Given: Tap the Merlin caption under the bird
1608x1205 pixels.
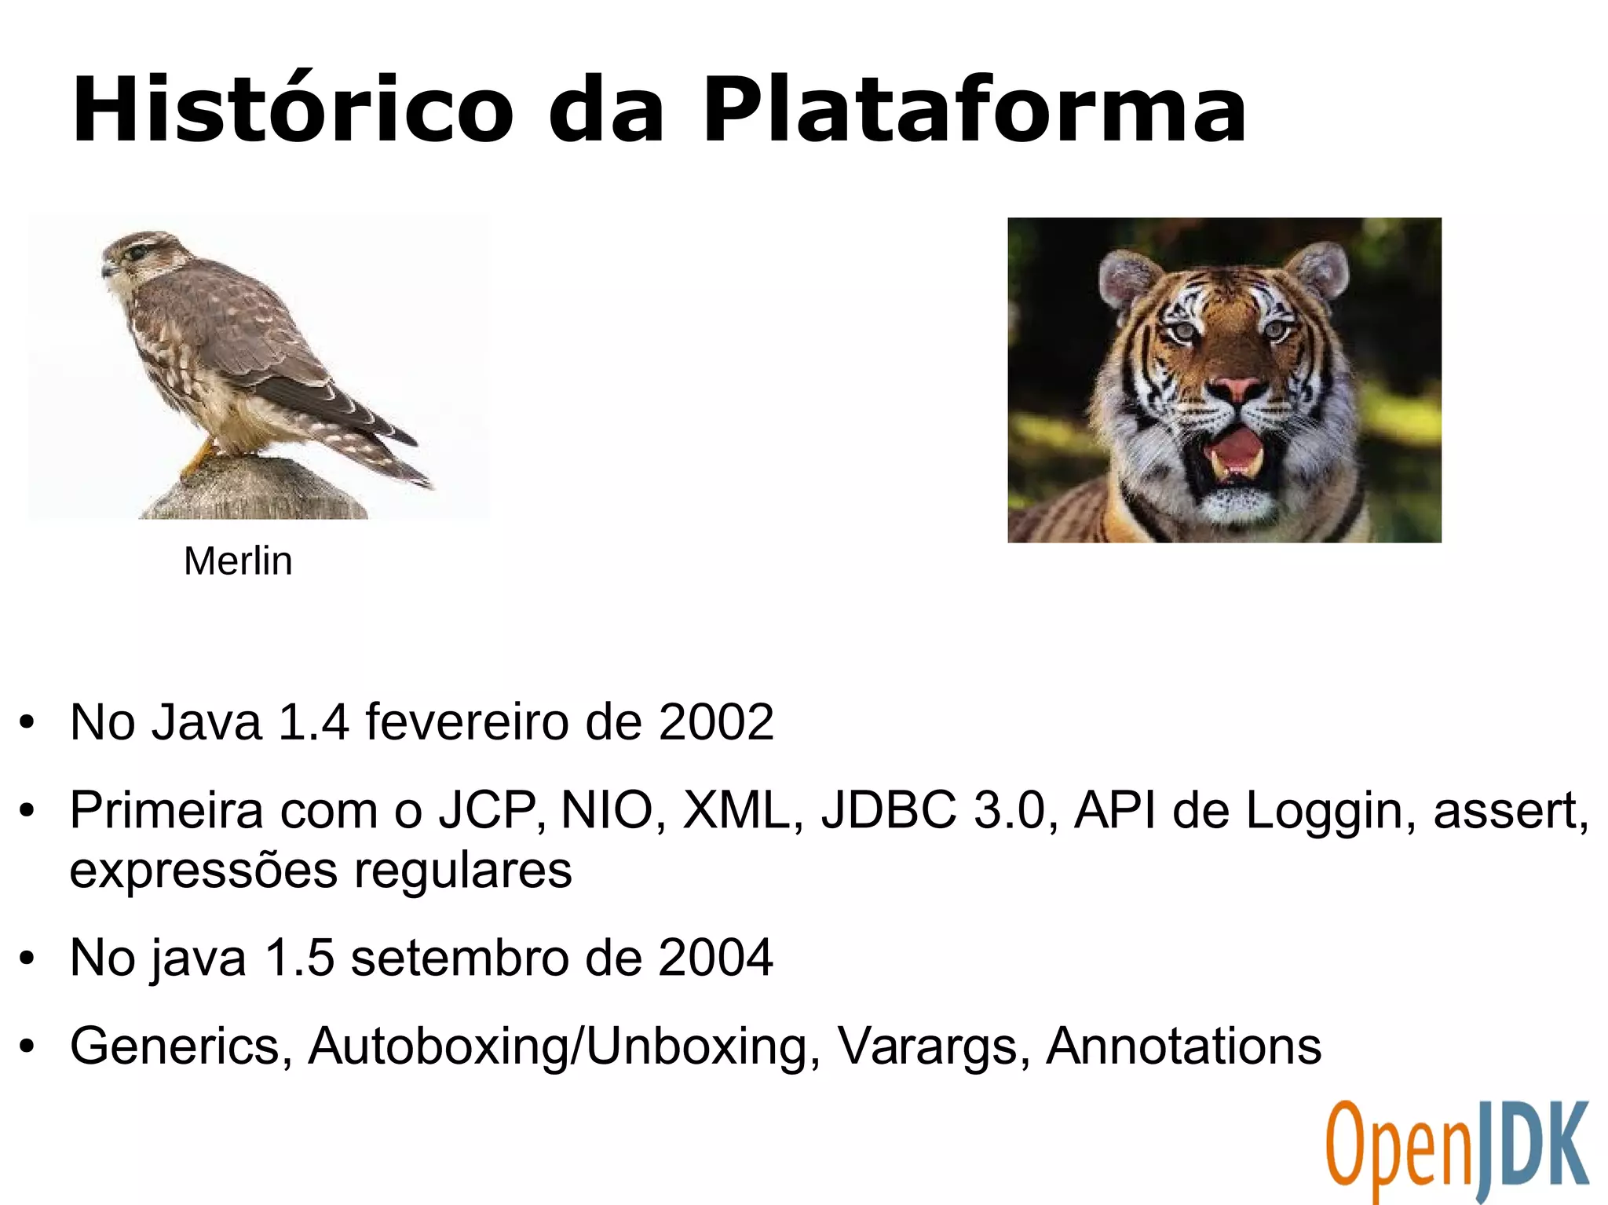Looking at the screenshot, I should [x=238, y=561].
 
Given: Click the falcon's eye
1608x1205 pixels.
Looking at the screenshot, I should [x=137, y=253].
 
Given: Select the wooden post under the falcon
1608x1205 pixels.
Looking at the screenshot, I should [x=251, y=491].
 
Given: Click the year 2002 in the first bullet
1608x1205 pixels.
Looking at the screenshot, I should [x=716, y=722].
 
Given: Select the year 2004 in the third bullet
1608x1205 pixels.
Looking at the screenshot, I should [x=715, y=958].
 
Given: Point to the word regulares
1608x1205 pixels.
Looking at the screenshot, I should [x=462, y=871].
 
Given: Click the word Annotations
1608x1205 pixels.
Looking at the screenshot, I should [x=1184, y=1046].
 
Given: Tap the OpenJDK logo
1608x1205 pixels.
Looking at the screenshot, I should [x=1457, y=1150].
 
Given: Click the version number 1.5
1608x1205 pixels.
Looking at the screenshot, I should [x=299, y=958].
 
